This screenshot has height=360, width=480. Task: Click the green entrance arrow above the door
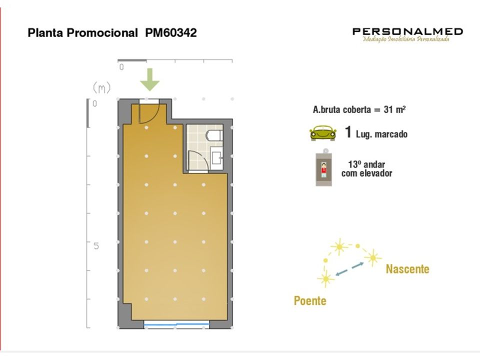tap(149, 79)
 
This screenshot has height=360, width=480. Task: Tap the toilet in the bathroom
tap(214, 135)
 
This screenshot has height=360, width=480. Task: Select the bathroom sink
tap(216, 155)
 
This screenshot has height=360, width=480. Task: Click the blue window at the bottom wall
tap(176, 324)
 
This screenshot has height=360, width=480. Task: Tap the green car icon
tap(322, 133)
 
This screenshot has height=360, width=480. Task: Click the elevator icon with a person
tap(323, 168)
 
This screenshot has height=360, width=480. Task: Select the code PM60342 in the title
tap(171, 33)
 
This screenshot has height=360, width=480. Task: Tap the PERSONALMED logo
tap(407, 34)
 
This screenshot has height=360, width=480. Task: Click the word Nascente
tap(407, 269)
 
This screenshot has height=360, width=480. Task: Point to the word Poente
tap(310, 301)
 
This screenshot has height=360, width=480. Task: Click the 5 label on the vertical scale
tap(96, 246)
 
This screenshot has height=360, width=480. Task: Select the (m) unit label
tap(101, 88)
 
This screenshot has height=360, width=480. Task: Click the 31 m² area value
tap(394, 109)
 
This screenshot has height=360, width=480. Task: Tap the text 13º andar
tap(366, 164)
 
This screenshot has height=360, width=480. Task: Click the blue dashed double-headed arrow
tap(349, 269)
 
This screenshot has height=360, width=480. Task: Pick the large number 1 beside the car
tap(348, 132)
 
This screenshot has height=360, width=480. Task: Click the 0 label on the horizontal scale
tap(121, 67)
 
